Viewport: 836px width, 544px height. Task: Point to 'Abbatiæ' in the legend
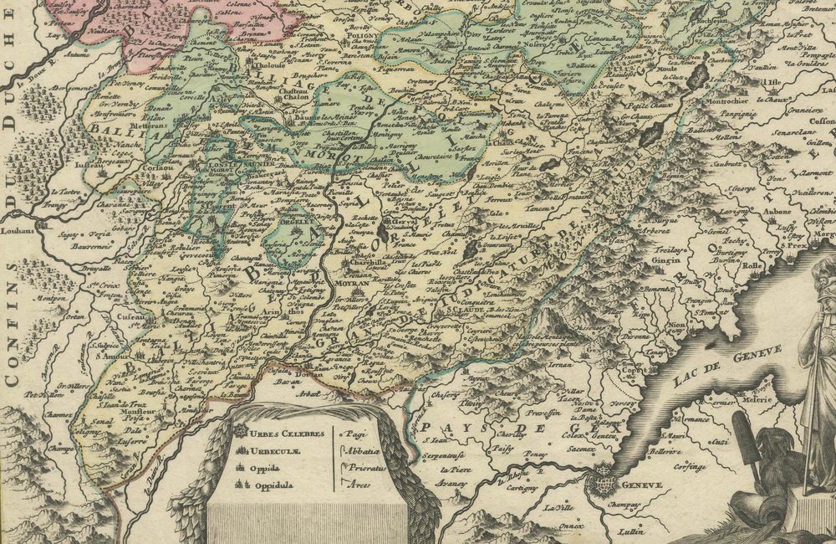[x=361, y=451]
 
